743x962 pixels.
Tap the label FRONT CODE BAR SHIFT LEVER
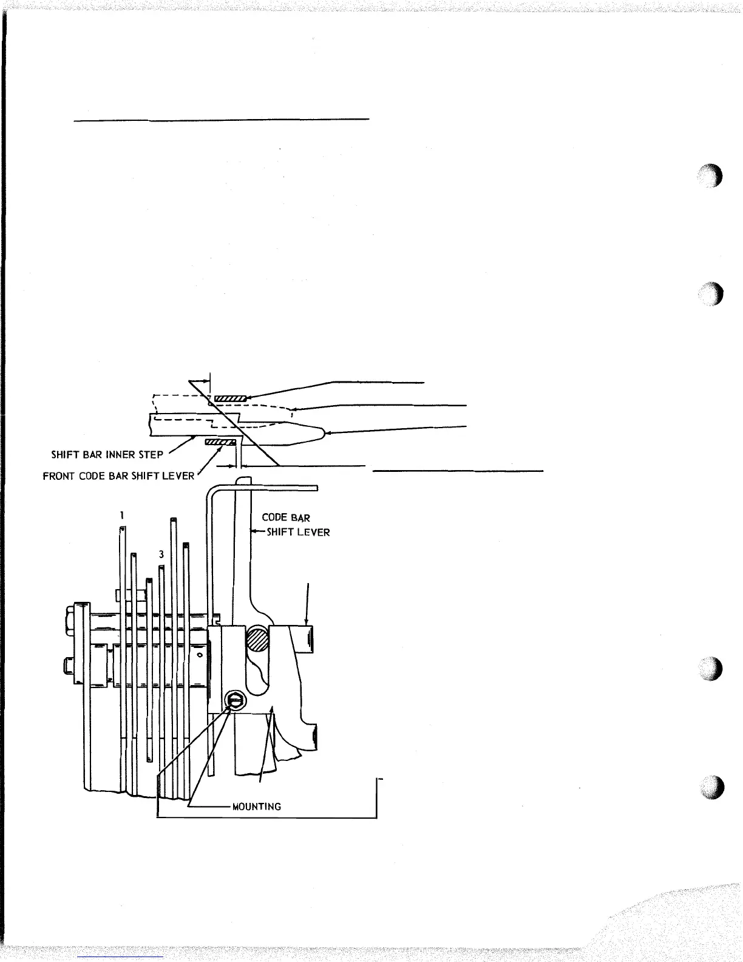[x=118, y=476]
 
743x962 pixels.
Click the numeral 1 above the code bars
[x=121, y=515]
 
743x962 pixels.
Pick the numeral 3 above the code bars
[x=161, y=554]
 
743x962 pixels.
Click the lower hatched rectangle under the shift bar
[x=220, y=442]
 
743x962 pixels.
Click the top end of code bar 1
[x=122, y=530]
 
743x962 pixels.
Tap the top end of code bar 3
[x=161, y=568]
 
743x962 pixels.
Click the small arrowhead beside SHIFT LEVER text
[x=255, y=532]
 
